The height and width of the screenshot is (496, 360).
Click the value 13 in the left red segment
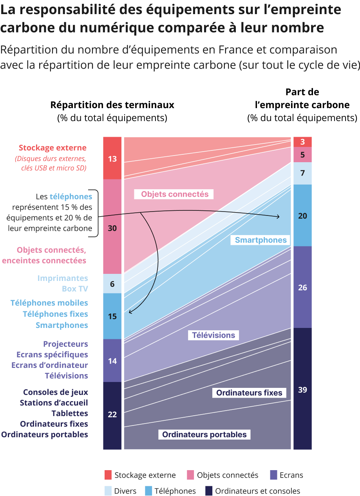click(112, 159)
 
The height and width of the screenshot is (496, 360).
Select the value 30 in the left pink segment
click(112, 228)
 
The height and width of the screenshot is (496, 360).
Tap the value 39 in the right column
click(302, 390)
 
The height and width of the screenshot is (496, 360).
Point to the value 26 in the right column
click(302, 288)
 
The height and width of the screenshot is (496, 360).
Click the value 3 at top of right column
click(302, 142)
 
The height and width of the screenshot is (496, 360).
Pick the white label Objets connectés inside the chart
click(175, 194)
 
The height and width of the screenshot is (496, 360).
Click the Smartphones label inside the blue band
click(261, 240)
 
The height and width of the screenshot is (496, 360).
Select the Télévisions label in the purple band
click(213, 335)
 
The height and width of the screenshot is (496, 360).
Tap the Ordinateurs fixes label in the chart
click(249, 393)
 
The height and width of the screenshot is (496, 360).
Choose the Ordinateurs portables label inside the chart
click(204, 434)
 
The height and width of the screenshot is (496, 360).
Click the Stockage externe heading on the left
click(52, 148)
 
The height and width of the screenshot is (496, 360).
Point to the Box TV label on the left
click(75, 289)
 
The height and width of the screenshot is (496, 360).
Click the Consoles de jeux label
click(56, 392)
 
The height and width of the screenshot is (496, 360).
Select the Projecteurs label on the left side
click(65, 344)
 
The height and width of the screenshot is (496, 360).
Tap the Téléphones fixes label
click(55, 314)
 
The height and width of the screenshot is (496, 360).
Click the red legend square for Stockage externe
click(109, 475)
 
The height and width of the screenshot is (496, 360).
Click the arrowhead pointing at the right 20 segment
click(278, 217)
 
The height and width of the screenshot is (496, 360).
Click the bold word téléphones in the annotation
click(71, 197)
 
